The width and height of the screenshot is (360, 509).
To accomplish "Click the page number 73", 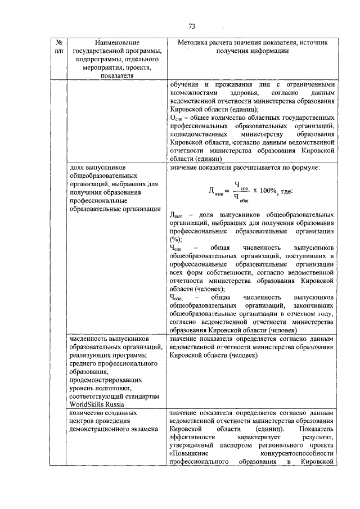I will (x=191, y=26).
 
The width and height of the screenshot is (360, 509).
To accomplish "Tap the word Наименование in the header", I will (x=117, y=43).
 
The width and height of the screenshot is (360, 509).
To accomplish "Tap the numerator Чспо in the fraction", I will (x=240, y=184).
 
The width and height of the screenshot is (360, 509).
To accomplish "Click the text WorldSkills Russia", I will (x=97, y=404).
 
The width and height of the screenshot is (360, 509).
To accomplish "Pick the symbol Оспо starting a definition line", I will (x=177, y=119).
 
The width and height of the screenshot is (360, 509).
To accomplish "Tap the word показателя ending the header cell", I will (x=117, y=75).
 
